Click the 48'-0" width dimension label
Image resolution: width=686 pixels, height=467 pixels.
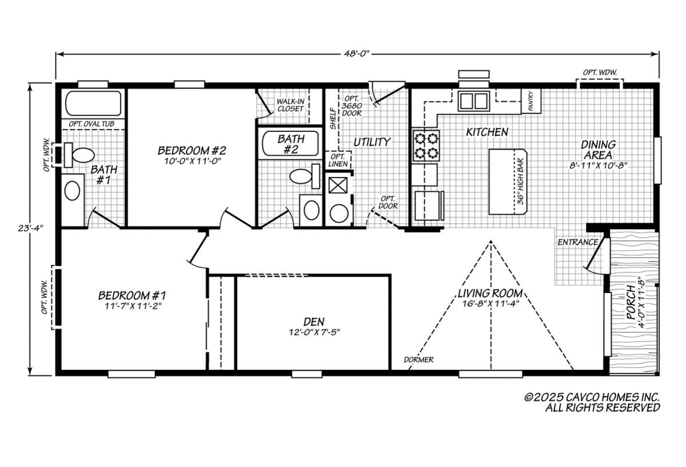point(357,54)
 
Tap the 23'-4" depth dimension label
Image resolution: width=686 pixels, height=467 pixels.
point(30,228)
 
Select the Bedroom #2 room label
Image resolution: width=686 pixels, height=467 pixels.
point(192,151)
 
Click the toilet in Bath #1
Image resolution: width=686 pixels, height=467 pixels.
point(79,155)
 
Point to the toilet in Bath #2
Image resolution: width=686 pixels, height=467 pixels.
point(305,176)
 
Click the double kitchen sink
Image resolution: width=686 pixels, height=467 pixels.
point(474,101)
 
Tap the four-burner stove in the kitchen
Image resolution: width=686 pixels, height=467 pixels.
point(426,146)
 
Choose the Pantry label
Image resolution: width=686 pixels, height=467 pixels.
point(531,101)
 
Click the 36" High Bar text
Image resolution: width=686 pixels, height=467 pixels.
point(521,182)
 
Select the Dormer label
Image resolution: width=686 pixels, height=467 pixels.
point(418,360)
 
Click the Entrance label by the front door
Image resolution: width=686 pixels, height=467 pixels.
point(577,242)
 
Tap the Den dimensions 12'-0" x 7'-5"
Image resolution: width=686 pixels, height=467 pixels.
point(314,332)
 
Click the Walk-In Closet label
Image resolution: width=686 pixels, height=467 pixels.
point(290,105)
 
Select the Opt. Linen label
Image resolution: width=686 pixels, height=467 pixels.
point(338,160)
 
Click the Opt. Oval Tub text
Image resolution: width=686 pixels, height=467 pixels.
point(91,124)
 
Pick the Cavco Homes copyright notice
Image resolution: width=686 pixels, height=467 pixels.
point(592,402)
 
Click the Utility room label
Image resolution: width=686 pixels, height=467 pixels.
point(372,142)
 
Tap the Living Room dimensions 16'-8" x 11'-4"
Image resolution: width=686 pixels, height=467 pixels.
point(490,304)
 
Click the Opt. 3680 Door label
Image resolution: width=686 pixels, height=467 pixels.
point(352,106)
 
